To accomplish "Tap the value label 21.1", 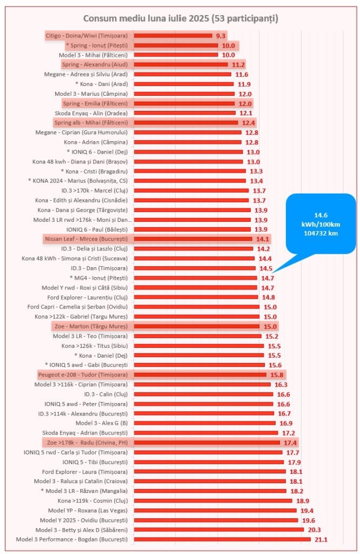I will coord(321,539).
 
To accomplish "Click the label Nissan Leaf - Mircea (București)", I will coord(85,239).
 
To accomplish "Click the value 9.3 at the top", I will coord(220,36).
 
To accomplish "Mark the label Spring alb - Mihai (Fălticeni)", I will coord(91,123).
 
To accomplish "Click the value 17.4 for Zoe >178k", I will coord(291,443).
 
